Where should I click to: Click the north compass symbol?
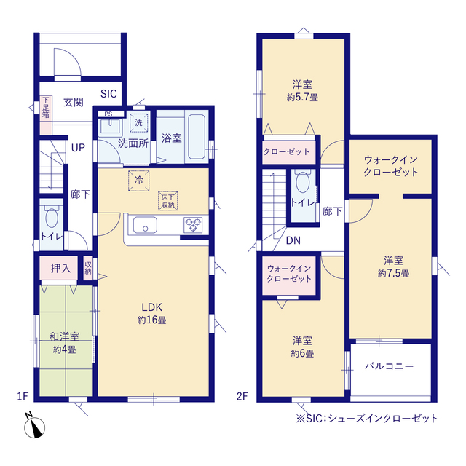tap(32, 426)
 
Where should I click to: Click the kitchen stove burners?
tap(194, 225)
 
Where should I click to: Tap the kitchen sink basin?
tap(143, 226)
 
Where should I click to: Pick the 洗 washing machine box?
tap(138, 121)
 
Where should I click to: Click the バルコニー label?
tap(390, 366)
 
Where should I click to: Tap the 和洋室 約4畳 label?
tap(64, 343)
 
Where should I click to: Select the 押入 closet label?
tap(61, 268)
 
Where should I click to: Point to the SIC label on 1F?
tap(108, 93)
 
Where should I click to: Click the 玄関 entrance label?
tap(73, 102)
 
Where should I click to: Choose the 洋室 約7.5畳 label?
tap(393, 266)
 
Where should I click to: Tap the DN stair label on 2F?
tap(293, 241)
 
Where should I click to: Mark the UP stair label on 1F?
tap(78, 146)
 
